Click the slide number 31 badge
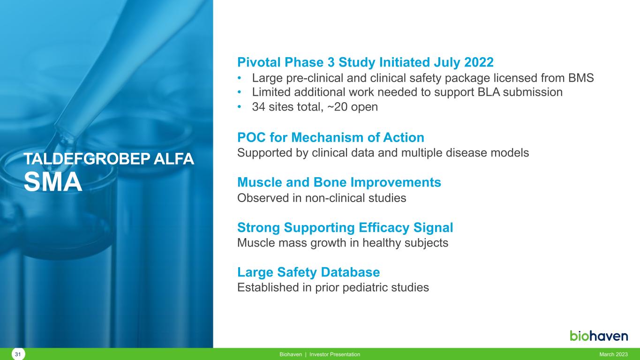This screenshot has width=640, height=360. click(18, 354)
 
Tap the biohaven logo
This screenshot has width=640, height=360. click(599, 336)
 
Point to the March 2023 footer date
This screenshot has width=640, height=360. click(613, 354)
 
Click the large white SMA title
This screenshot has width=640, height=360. click(53, 182)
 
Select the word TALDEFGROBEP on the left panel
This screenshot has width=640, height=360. click(87, 159)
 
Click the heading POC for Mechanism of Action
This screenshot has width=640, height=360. click(331, 137)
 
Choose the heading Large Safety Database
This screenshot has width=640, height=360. click(309, 272)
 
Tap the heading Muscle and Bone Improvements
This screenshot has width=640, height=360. click(339, 182)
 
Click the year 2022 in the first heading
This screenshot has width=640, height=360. click(479, 62)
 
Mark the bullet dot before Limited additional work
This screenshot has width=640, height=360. click(240, 92)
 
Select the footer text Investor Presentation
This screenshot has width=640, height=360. click(335, 354)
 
